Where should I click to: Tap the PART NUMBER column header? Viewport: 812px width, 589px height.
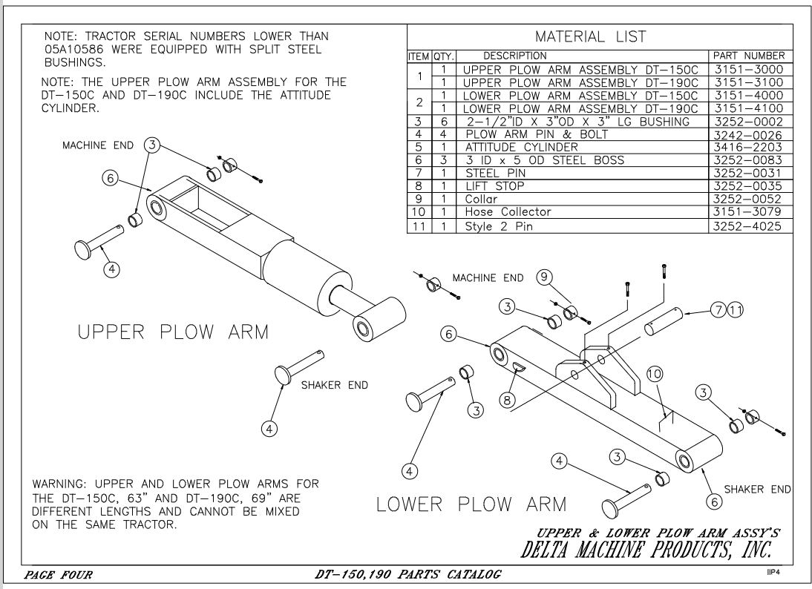point(747,56)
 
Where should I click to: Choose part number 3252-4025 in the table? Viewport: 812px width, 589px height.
point(747,225)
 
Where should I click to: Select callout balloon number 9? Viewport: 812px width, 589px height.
point(544,277)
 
